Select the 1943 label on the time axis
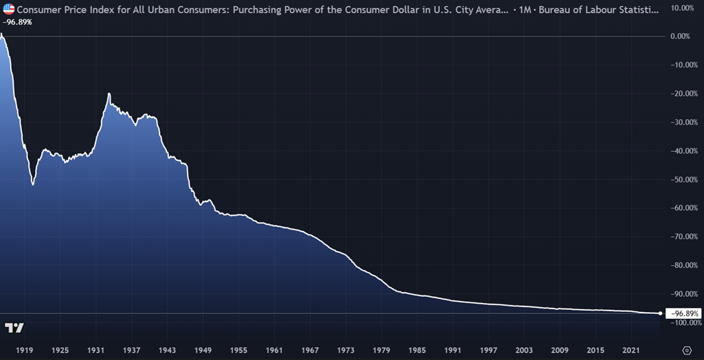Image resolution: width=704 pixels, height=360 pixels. (x=168, y=350)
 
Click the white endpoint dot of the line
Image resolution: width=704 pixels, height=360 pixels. (x=661, y=313)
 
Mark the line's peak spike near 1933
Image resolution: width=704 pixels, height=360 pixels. (x=109, y=93)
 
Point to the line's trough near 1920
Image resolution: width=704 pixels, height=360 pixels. (x=33, y=184)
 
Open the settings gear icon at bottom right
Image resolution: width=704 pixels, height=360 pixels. (x=686, y=350)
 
